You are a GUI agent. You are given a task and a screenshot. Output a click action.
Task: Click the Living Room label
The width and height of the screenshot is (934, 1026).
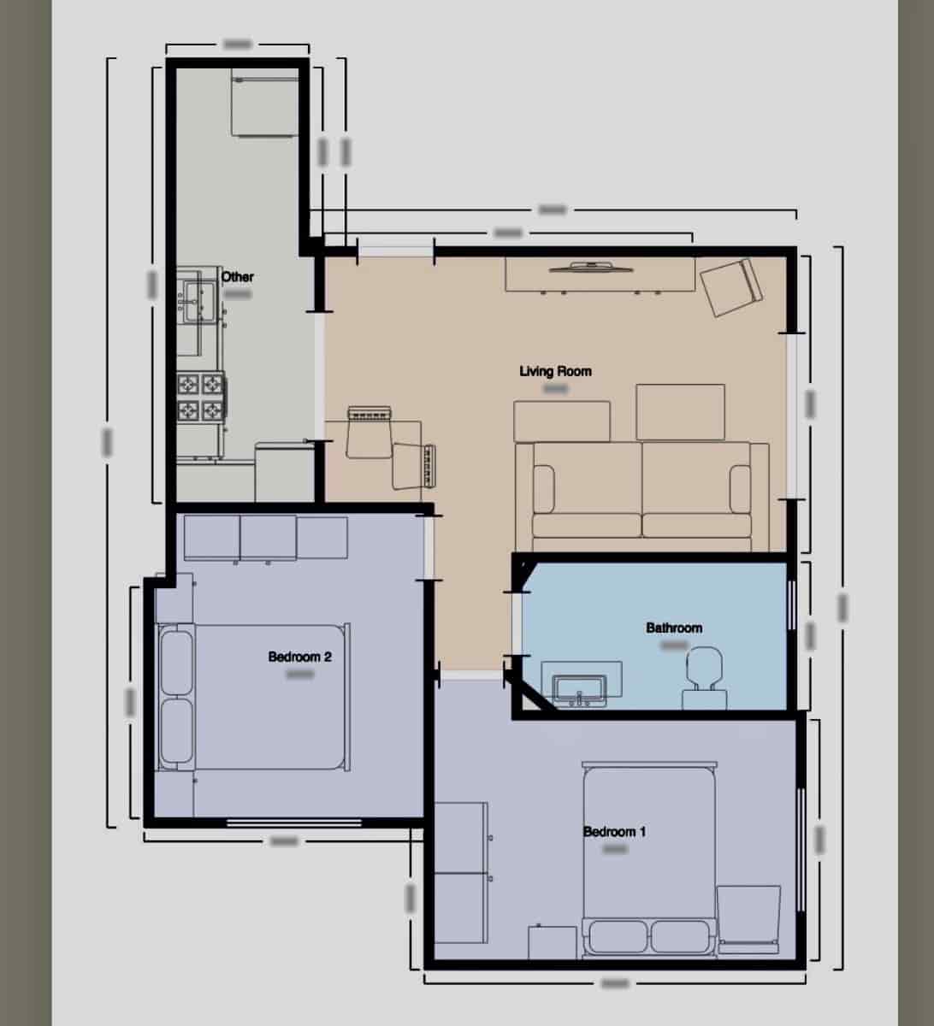point(555,371)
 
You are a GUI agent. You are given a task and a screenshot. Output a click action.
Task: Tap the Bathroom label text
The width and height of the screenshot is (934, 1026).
point(674,628)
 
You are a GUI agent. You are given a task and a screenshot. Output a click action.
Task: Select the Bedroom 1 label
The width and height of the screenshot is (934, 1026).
point(614,831)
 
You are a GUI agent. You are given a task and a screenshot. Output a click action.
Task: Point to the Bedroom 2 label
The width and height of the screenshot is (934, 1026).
point(299,657)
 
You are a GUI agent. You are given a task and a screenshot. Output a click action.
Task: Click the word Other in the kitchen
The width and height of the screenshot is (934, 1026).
point(238,277)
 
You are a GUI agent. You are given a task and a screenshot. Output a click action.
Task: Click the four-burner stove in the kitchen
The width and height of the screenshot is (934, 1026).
point(201,398)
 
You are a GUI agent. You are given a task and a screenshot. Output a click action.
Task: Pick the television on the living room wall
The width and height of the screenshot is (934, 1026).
point(592,266)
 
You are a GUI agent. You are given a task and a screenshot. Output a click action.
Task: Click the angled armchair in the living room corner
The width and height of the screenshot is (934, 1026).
point(730,287)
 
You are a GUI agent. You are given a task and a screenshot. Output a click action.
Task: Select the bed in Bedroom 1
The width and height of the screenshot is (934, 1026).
point(648,855)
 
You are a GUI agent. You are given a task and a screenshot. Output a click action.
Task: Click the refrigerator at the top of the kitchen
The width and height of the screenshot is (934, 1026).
point(263,105)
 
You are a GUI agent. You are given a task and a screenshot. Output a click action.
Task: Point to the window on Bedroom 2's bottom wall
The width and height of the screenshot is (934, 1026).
point(293,823)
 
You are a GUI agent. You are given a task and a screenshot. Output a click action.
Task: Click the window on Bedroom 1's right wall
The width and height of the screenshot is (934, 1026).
point(801,848)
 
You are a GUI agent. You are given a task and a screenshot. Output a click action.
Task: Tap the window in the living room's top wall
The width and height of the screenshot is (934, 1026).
point(394,250)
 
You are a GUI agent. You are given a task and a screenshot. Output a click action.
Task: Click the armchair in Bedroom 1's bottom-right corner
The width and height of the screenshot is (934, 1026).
point(748,920)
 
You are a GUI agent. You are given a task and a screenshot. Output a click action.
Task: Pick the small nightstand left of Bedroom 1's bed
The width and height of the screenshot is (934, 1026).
point(552,942)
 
